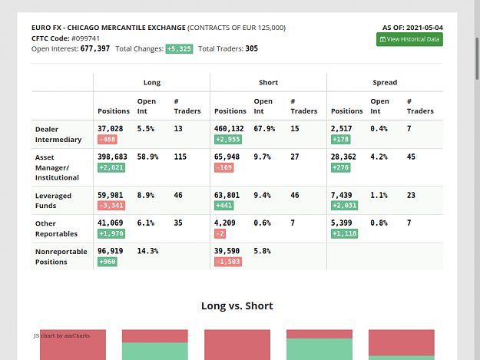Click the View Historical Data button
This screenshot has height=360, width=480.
pyautogui.click(x=409, y=39)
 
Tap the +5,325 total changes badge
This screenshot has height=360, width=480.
pyautogui.click(x=179, y=49)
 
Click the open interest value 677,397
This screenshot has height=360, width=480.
pyautogui.click(x=95, y=48)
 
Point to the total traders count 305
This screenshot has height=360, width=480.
pyautogui.click(x=252, y=48)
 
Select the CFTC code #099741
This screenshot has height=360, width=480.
pyautogui.click(x=85, y=38)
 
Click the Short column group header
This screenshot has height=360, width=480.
pyautogui.click(x=269, y=82)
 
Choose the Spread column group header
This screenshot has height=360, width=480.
pyautogui.click(x=385, y=82)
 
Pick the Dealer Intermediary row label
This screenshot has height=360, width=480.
pyautogui.click(x=58, y=134)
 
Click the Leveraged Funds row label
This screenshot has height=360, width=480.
pyautogui.click(x=53, y=200)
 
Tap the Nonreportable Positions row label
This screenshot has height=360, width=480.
pyautogui.click(x=61, y=256)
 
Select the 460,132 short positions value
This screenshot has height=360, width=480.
pyautogui.click(x=229, y=129)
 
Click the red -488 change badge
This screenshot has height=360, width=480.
pyautogui.click(x=108, y=140)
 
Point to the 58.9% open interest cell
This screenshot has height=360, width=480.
pyautogui.click(x=147, y=157)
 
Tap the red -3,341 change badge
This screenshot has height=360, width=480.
pyautogui.click(x=111, y=206)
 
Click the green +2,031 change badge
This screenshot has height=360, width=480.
pyautogui.click(x=344, y=206)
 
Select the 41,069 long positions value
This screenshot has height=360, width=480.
pyautogui.click(x=110, y=223)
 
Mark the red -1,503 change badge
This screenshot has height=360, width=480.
pyautogui.click(x=228, y=262)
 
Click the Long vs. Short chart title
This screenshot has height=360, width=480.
pyautogui.click(x=237, y=306)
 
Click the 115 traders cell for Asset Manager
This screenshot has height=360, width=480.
pyautogui.click(x=180, y=157)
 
